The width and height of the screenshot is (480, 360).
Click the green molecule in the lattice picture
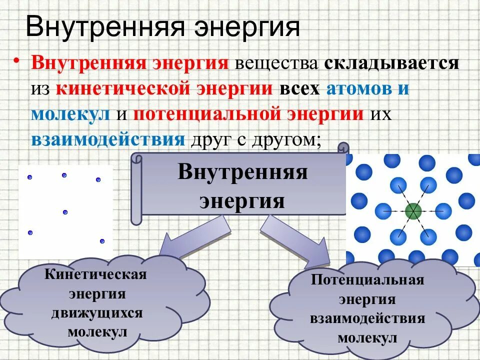[x=413, y=211]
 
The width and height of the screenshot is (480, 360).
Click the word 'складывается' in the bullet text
[x=391, y=64]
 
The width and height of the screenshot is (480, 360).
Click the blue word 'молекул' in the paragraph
[x=70, y=114]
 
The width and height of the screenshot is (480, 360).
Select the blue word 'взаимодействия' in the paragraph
[x=108, y=139]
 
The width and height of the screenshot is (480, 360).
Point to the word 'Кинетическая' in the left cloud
[x=95, y=274]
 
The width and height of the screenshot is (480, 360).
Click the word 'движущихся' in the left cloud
[x=97, y=313]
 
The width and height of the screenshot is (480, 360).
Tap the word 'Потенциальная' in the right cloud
[x=367, y=279]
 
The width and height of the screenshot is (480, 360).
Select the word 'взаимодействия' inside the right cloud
[x=367, y=318]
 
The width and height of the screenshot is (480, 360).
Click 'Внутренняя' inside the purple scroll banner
[x=242, y=173]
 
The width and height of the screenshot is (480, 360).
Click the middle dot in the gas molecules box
[x=65, y=212]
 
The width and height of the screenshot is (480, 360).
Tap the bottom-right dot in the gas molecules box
[x=102, y=241]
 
